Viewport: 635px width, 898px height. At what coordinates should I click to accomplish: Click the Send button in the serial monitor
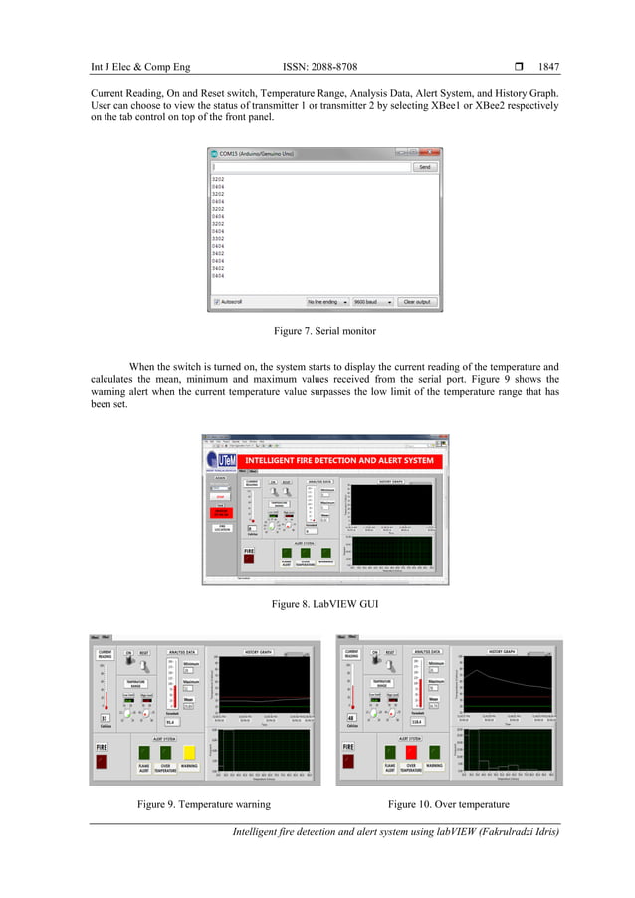coord(424,167)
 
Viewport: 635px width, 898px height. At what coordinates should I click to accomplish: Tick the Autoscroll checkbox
coord(216,301)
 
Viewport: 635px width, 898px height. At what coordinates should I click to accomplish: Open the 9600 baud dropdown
coord(371,301)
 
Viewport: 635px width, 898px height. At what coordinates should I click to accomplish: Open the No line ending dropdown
coord(326,301)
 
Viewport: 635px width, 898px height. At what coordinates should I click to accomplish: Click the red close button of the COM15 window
coord(434,153)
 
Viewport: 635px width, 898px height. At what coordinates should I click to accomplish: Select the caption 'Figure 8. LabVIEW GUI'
coord(317,603)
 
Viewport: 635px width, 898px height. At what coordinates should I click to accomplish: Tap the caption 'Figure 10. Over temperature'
coord(447,803)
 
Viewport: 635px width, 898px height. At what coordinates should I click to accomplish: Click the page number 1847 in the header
coord(548,68)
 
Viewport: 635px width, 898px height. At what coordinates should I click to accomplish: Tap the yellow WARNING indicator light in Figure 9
coord(189,751)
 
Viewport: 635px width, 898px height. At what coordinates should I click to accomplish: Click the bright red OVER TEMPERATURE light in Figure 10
coord(412,751)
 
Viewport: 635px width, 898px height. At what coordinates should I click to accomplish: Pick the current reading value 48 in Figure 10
coord(351,718)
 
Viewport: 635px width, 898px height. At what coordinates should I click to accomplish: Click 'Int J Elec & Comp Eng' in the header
coord(139,68)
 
